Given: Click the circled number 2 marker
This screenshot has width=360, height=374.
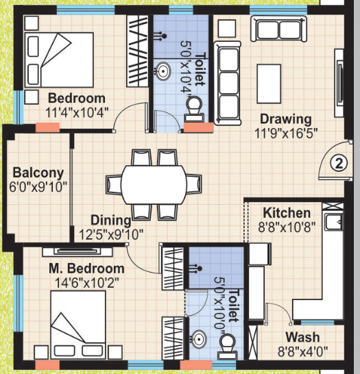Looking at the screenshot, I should tap(337, 163).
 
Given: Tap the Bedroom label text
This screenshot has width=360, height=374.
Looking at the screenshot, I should tap(77, 98).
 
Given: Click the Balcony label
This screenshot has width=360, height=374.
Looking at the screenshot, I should tap(38, 173).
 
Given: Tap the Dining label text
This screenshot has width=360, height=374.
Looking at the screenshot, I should tap(111, 221).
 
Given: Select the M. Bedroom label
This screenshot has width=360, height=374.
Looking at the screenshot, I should tap(86, 268).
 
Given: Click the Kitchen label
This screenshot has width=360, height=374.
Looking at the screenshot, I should tap(287, 213).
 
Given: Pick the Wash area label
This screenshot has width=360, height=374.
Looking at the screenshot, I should tap(302, 337).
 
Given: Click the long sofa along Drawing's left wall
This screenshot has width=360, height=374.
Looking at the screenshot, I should tap(225, 80).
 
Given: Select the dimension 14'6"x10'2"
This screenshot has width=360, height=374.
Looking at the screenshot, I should tap(86, 281).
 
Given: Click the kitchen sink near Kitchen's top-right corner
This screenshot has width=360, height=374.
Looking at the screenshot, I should tap(334, 223).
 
